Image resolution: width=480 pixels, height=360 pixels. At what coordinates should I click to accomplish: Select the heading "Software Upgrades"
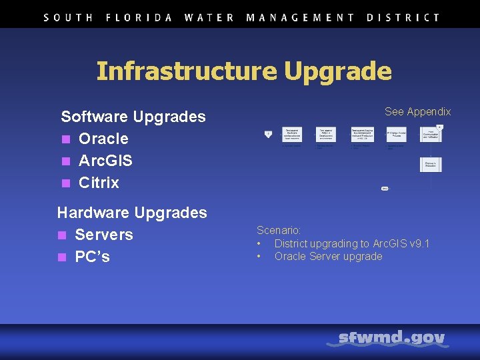pyautogui.click(x=133, y=117)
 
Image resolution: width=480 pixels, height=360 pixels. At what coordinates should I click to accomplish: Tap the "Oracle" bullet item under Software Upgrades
pyautogui.click(x=103, y=139)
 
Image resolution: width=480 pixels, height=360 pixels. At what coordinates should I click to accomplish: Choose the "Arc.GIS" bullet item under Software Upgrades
pyautogui.click(x=105, y=161)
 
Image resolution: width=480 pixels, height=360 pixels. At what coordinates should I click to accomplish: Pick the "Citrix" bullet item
pyautogui.click(x=99, y=183)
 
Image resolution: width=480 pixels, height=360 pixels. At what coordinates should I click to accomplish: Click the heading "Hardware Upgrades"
pyautogui.click(x=132, y=213)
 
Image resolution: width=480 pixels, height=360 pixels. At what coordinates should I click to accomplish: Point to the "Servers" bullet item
pyautogui.click(x=104, y=235)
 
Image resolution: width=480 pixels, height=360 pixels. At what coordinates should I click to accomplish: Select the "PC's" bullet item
pyautogui.click(x=93, y=257)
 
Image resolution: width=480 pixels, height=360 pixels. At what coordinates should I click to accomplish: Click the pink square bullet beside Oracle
pyautogui.click(x=65, y=139)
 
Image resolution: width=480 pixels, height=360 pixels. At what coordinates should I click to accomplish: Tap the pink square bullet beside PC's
pyautogui.click(x=62, y=257)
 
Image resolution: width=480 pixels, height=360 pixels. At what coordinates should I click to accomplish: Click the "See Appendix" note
pyautogui.click(x=417, y=112)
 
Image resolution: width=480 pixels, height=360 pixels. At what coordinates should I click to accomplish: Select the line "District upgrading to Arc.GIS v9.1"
pyautogui.click(x=352, y=243)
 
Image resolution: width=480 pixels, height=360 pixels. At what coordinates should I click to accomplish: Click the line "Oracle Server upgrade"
pyautogui.click(x=328, y=256)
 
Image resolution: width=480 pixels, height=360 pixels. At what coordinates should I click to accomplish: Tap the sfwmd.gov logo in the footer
pyautogui.click(x=391, y=339)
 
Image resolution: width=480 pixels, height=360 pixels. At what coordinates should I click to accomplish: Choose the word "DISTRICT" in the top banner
pyautogui.click(x=403, y=18)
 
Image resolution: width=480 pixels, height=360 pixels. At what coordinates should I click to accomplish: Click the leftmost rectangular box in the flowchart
pyautogui.click(x=292, y=133)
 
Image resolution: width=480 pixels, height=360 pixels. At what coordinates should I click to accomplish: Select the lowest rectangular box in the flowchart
pyautogui.click(x=431, y=164)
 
